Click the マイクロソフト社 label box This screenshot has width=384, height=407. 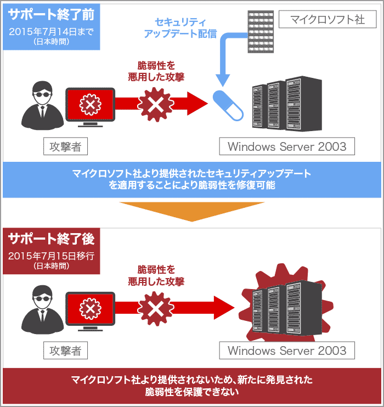pos(327,20)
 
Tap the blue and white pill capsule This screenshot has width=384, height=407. pos(228,104)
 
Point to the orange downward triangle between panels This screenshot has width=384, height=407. pos(191,211)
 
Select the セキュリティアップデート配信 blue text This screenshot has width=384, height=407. pos(180,28)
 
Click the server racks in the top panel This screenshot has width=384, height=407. pos(285,105)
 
